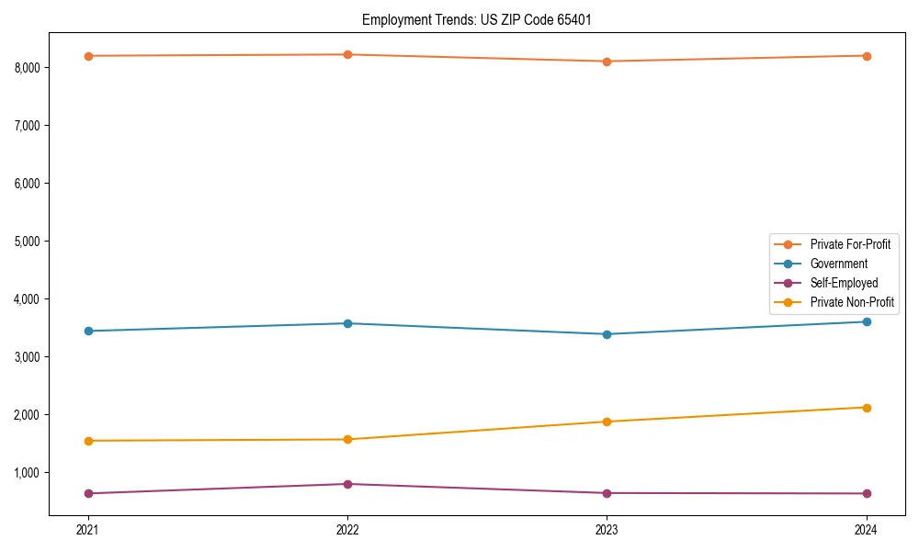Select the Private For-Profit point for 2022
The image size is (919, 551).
(347, 55)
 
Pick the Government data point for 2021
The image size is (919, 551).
(88, 331)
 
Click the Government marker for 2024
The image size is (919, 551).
(867, 321)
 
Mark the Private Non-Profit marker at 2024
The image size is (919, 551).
(867, 408)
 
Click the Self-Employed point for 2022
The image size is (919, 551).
(347, 484)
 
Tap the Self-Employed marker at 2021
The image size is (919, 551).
(88, 493)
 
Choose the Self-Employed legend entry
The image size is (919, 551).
(844, 283)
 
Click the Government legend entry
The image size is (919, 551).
(838, 264)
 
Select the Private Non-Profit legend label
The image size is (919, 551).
(852, 302)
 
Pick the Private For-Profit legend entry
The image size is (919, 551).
(850, 244)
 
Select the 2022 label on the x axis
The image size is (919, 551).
(347, 529)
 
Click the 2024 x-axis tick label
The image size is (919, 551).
(867, 529)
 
